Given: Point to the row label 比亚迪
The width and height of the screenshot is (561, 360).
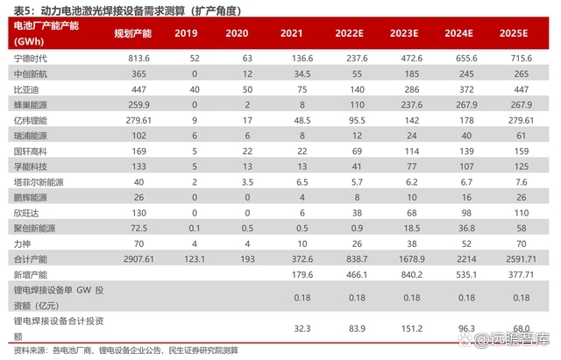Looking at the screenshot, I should click(x=25, y=89).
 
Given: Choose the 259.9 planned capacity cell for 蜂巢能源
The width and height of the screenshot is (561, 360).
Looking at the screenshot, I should click(x=129, y=105).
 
